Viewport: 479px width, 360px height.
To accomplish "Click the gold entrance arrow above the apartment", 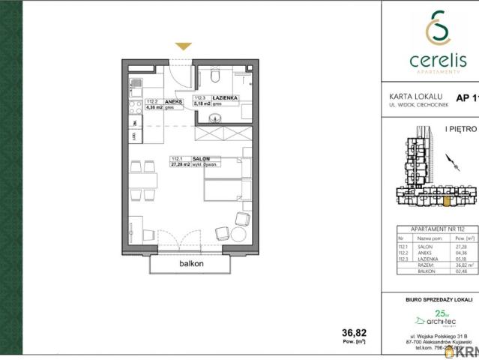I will (182, 47).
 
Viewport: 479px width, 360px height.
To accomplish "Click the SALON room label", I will (200, 159).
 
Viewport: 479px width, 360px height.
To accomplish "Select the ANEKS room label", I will (162, 99).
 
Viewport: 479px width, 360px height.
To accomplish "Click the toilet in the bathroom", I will (215, 75).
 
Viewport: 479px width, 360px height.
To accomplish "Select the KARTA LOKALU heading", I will (415, 96).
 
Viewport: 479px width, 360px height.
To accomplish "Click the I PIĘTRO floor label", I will (461, 129).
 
